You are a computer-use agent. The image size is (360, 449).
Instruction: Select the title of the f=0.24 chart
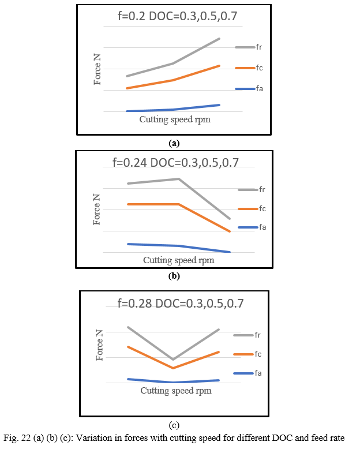175,163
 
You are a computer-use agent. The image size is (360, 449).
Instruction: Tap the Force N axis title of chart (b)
97,209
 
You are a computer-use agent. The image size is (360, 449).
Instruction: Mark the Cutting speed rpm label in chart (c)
176,391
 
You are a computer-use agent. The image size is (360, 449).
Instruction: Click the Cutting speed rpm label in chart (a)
174,119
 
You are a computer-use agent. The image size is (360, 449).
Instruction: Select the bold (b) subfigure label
174,275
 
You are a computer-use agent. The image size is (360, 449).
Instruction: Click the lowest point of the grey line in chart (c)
173,360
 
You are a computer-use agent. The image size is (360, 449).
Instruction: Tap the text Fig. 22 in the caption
18,437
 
